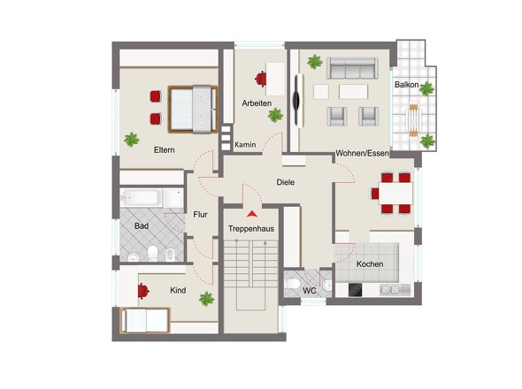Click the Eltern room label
(165, 150)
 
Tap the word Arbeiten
(257, 103)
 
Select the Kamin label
(245, 145)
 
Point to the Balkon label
(406, 85)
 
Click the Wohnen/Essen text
(362, 154)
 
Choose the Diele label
(285, 182)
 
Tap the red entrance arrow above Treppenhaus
(252, 214)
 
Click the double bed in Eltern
(193, 109)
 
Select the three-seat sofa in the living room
(352, 68)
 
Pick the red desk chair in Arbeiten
(261, 79)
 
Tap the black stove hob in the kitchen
(355, 290)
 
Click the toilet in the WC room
(293, 284)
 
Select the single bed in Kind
(145, 320)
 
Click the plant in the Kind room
(206, 299)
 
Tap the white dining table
(395, 194)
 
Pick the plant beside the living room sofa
(315, 62)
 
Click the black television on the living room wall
(296, 99)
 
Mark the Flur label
(201, 215)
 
